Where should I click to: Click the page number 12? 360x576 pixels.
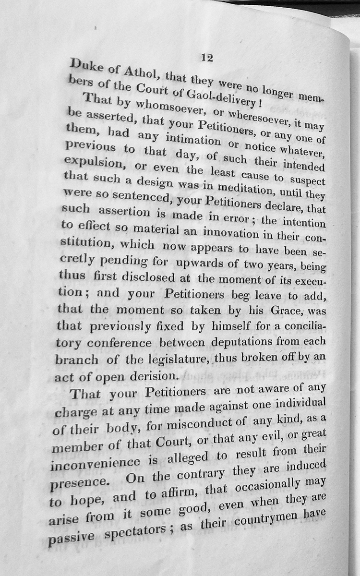207,58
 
